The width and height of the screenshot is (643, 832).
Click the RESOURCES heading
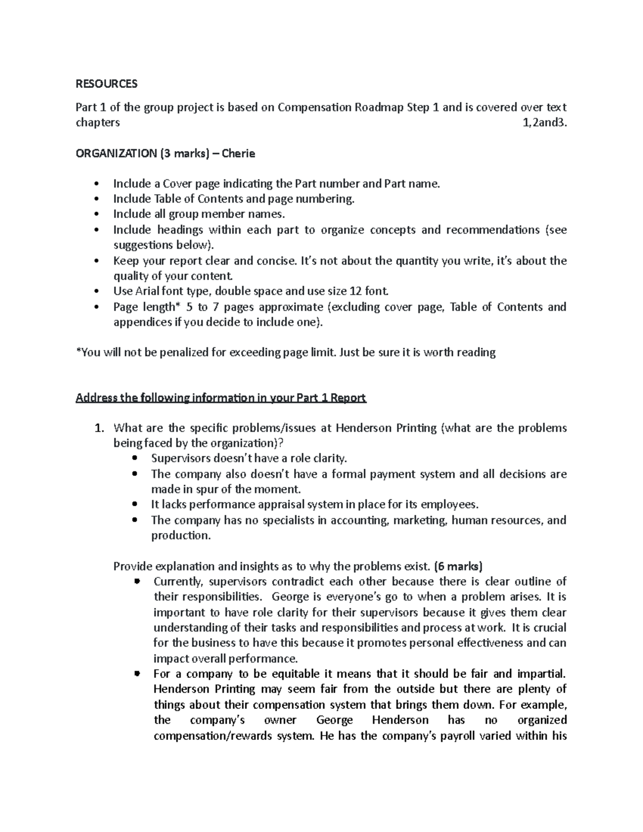pyautogui.click(x=107, y=84)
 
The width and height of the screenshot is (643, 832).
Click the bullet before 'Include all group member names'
pyautogui.click(x=96, y=214)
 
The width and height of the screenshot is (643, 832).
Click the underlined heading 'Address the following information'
pyautogui.click(x=221, y=398)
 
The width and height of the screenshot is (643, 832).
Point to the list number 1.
pyautogui.click(x=98, y=428)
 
